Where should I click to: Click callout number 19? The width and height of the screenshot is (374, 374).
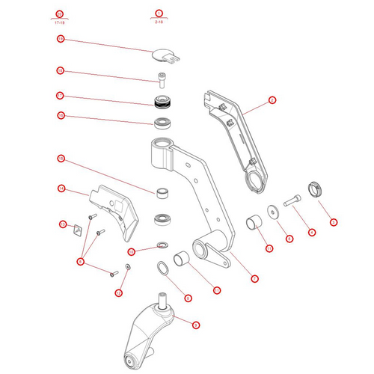60,39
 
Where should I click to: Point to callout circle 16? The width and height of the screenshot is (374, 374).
60,116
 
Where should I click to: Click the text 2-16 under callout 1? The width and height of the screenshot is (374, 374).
159,23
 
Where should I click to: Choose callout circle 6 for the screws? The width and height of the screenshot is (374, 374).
81,261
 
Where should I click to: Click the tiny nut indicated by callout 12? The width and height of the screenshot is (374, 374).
126,267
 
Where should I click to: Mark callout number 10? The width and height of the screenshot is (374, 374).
132,251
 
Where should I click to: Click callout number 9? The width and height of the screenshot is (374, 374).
195,325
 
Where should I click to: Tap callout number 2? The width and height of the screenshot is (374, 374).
272,99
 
